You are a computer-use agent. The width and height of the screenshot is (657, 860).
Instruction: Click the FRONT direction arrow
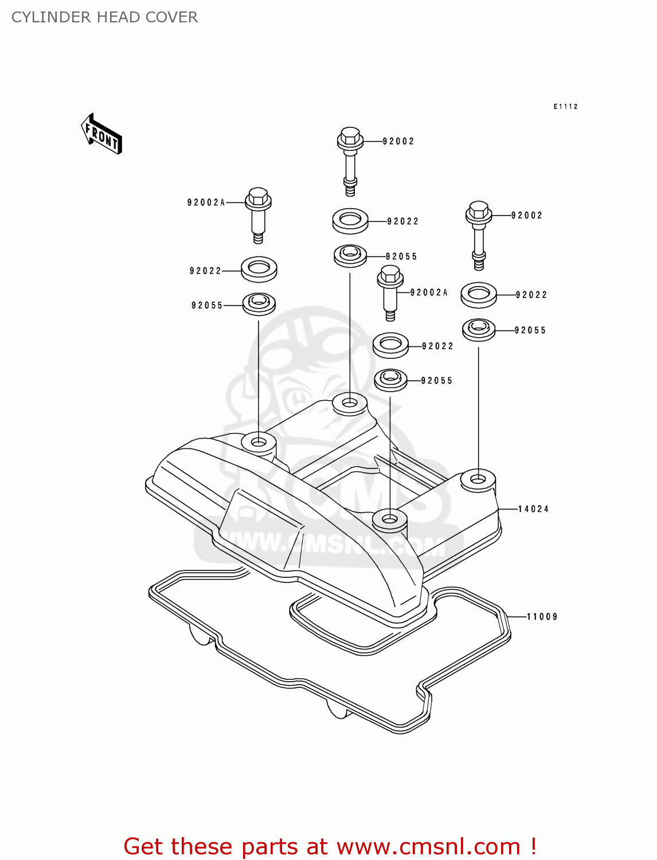101,134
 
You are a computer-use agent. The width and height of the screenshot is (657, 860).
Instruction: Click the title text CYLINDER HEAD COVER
104,17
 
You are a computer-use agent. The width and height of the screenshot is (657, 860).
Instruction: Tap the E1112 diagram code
565,107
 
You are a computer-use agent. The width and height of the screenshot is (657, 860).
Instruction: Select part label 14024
533,509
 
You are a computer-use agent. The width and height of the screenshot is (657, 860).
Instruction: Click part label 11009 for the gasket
542,617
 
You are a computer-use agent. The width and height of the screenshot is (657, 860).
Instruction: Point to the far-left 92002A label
206,202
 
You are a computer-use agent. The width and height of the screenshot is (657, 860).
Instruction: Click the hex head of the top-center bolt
350,136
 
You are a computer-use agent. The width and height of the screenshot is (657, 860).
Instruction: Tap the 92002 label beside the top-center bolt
398,141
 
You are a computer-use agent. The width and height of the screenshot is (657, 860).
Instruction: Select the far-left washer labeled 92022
259,269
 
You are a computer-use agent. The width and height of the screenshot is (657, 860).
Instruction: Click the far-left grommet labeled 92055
259,303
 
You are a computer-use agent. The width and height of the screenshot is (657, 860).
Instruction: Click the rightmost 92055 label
530,330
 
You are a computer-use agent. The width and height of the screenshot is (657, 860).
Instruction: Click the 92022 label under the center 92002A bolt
437,346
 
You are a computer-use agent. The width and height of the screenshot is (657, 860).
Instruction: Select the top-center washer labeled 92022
350,221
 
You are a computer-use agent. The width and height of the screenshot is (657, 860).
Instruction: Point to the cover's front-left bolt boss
259,443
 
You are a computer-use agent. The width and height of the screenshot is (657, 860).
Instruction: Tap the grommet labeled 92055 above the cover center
350,255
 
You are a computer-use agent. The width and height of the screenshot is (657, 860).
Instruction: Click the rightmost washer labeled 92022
479,294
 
